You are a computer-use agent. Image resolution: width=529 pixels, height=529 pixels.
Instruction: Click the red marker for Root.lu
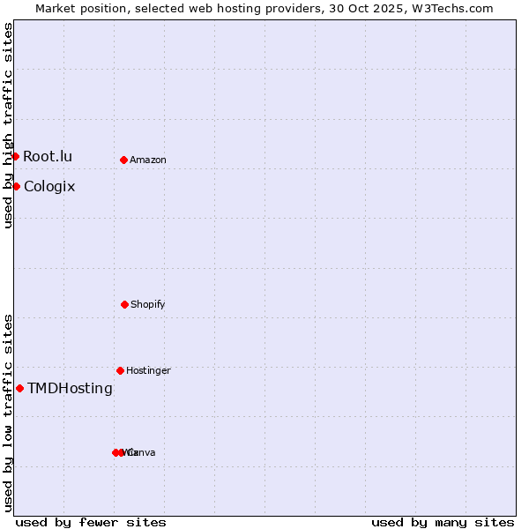[15, 156]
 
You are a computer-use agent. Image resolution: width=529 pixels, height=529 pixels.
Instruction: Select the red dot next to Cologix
[16, 186]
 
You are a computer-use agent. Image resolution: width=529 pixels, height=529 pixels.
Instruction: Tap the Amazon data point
[123, 160]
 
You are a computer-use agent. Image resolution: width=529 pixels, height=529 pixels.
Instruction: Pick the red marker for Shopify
[124, 304]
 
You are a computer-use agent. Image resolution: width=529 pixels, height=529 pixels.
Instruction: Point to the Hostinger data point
[120, 370]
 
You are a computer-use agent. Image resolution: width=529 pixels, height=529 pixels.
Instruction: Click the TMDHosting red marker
[19, 388]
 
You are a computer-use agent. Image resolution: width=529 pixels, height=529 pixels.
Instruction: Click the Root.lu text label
[48, 156]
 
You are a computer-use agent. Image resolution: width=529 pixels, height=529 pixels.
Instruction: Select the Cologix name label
[49, 186]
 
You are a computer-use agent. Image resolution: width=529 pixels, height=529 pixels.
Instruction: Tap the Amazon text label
[148, 160]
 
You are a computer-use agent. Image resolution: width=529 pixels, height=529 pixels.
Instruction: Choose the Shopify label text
[148, 304]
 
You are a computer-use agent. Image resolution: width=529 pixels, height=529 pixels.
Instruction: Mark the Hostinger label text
[148, 370]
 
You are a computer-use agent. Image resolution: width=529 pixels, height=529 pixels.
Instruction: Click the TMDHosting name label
[70, 388]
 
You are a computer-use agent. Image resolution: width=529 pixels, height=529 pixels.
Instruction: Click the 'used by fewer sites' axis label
[91, 522]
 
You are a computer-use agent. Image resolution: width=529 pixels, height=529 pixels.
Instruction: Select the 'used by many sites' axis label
[443, 522]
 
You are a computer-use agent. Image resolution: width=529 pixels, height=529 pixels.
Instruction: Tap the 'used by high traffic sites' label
[8, 125]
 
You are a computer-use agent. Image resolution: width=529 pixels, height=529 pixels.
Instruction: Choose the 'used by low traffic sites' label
[8, 413]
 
